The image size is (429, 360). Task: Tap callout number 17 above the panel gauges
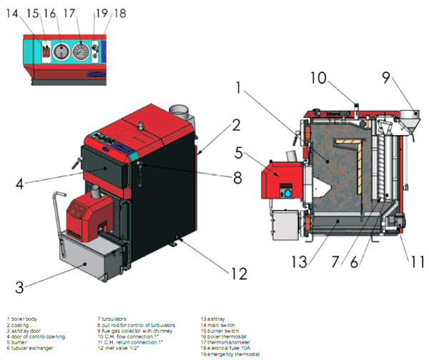click(69, 14)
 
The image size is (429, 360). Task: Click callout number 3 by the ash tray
click(20, 288)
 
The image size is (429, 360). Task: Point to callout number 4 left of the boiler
click(20, 183)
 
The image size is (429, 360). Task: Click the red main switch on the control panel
click(44, 52)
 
